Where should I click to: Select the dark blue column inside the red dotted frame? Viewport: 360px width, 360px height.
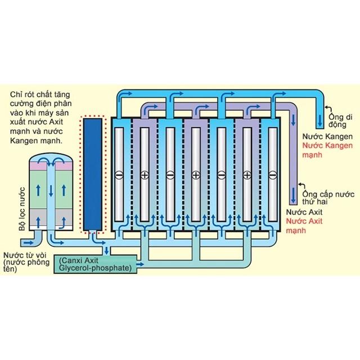click(92, 174)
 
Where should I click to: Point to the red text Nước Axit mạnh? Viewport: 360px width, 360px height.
click(303, 226)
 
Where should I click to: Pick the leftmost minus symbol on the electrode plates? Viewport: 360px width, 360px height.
click(118, 175)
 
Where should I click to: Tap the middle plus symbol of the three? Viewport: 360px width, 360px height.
click(195, 175)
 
